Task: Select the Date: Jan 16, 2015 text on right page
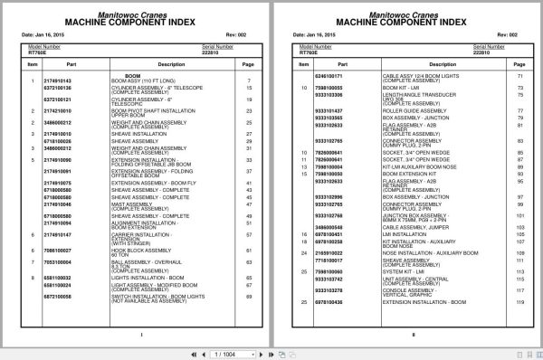[x=319, y=35]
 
